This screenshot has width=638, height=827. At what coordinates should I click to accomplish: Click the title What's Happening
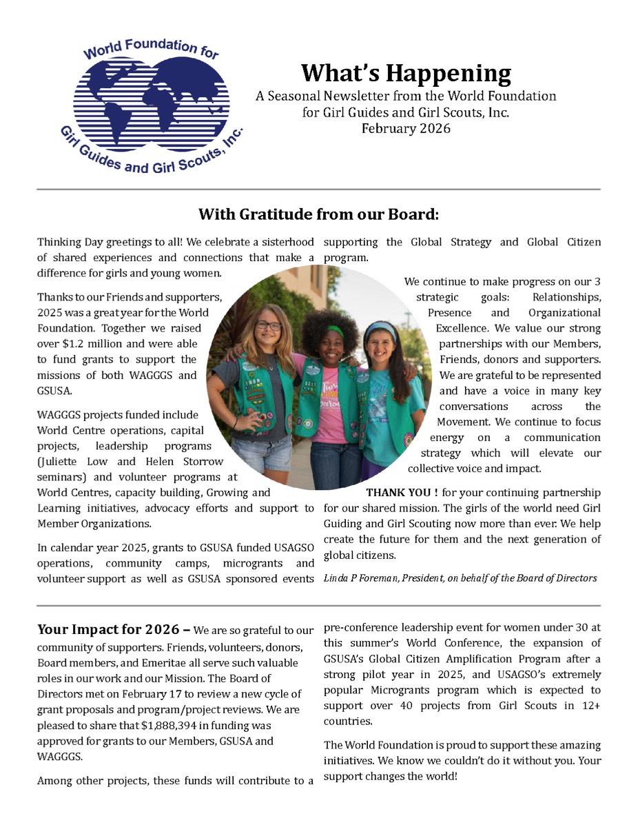click(406, 72)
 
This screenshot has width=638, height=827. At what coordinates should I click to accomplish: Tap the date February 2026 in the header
click(406, 128)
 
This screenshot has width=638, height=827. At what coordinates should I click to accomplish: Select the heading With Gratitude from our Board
click(318, 214)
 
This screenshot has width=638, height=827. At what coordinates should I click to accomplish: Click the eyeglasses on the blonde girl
click(269, 325)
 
